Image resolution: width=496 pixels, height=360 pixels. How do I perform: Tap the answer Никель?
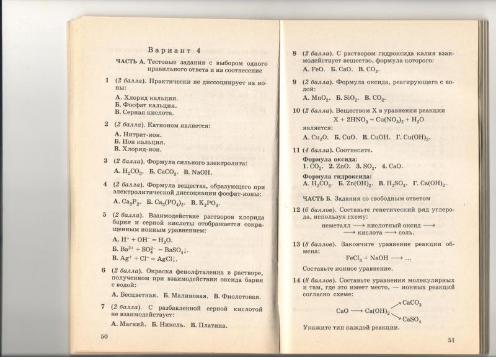point(166,323)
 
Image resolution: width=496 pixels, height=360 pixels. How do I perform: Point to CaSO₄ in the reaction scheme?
point(412,319)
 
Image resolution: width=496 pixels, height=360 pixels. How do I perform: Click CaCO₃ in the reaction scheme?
point(412,303)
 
